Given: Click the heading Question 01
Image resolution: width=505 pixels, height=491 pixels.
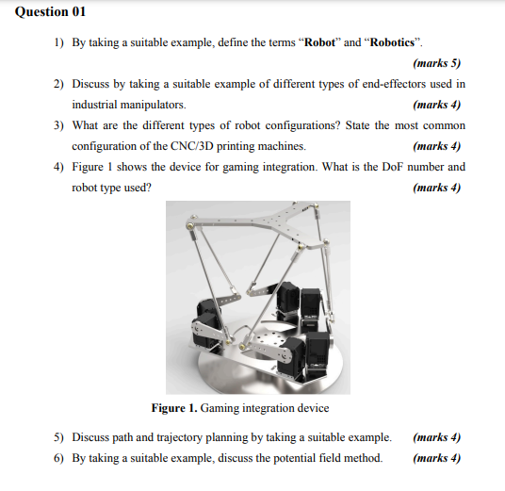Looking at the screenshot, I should (x=45, y=12).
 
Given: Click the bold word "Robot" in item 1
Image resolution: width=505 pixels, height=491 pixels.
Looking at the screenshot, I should (x=320, y=44).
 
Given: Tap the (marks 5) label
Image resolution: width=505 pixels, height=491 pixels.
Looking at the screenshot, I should (x=437, y=64).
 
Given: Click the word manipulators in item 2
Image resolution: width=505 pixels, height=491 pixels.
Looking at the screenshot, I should (x=157, y=105).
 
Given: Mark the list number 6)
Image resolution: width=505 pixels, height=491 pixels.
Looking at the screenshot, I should (x=58, y=458).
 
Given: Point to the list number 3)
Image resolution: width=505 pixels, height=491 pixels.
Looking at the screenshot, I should (x=58, y=125).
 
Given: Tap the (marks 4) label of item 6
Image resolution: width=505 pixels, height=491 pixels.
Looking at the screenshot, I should (x=437, y=458).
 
